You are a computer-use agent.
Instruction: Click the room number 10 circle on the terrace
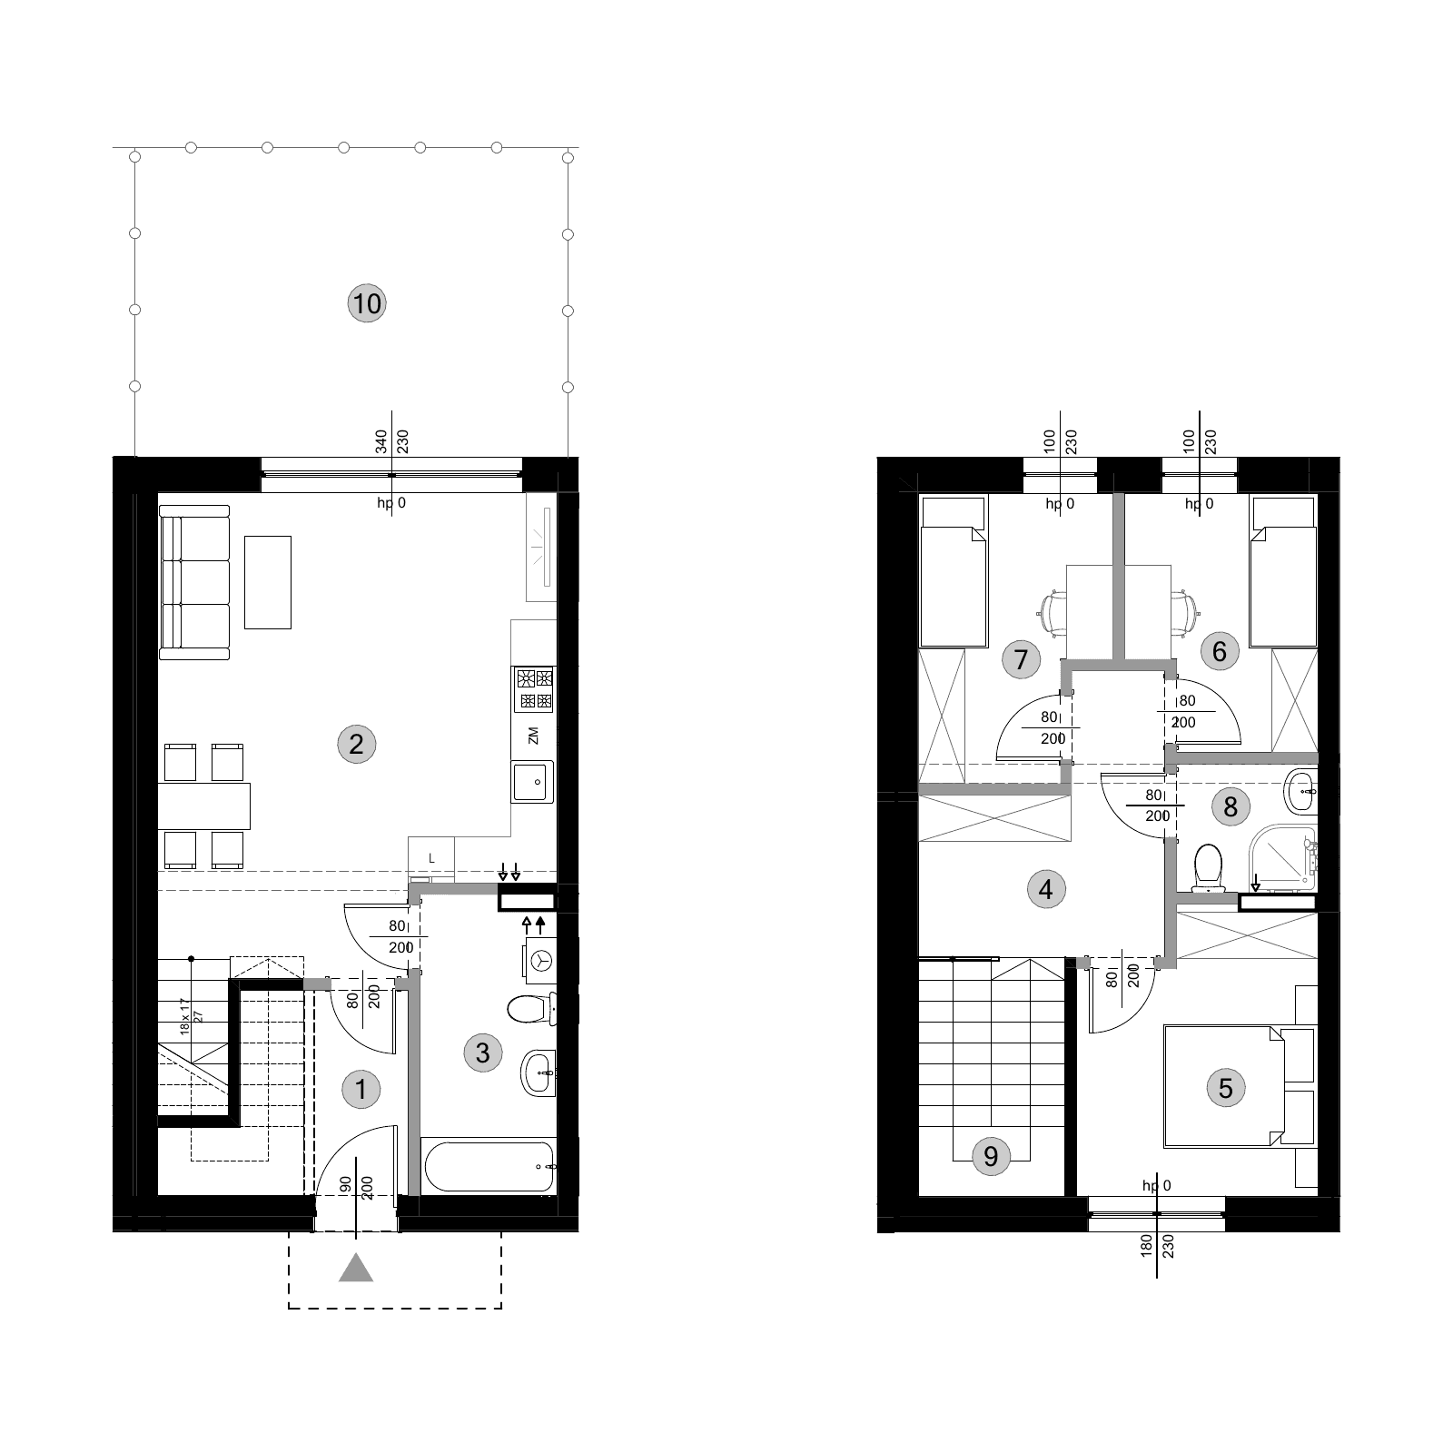pos(367,303)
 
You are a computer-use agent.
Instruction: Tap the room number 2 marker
pos(356,745)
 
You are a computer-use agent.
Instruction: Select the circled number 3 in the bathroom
pos(482,1053)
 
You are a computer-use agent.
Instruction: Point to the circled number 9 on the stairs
pos(991,1156)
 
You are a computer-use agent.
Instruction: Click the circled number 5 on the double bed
pos(1226,1088)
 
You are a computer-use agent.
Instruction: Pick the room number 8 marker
pos(1231,806)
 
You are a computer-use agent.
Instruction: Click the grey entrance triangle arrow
pos(356,1268)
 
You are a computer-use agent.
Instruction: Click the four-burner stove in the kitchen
pos(534,689)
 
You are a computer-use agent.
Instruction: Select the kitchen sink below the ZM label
pos(534,782)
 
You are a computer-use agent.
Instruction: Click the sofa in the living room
pos(194,582)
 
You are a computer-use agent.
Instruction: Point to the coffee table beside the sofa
pos(268,582)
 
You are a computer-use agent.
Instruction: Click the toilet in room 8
pos(1208,867)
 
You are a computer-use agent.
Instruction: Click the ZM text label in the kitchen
pos(533,736)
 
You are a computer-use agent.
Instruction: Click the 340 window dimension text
pos(381,442)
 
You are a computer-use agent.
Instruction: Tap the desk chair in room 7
pos(1053,613)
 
